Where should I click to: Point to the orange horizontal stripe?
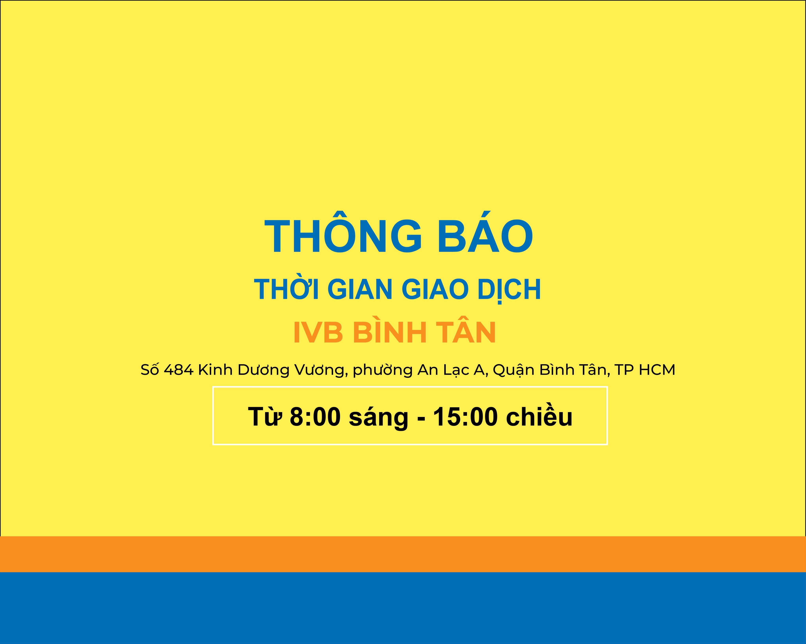point(403,554)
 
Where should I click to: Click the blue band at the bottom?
point(403,608)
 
